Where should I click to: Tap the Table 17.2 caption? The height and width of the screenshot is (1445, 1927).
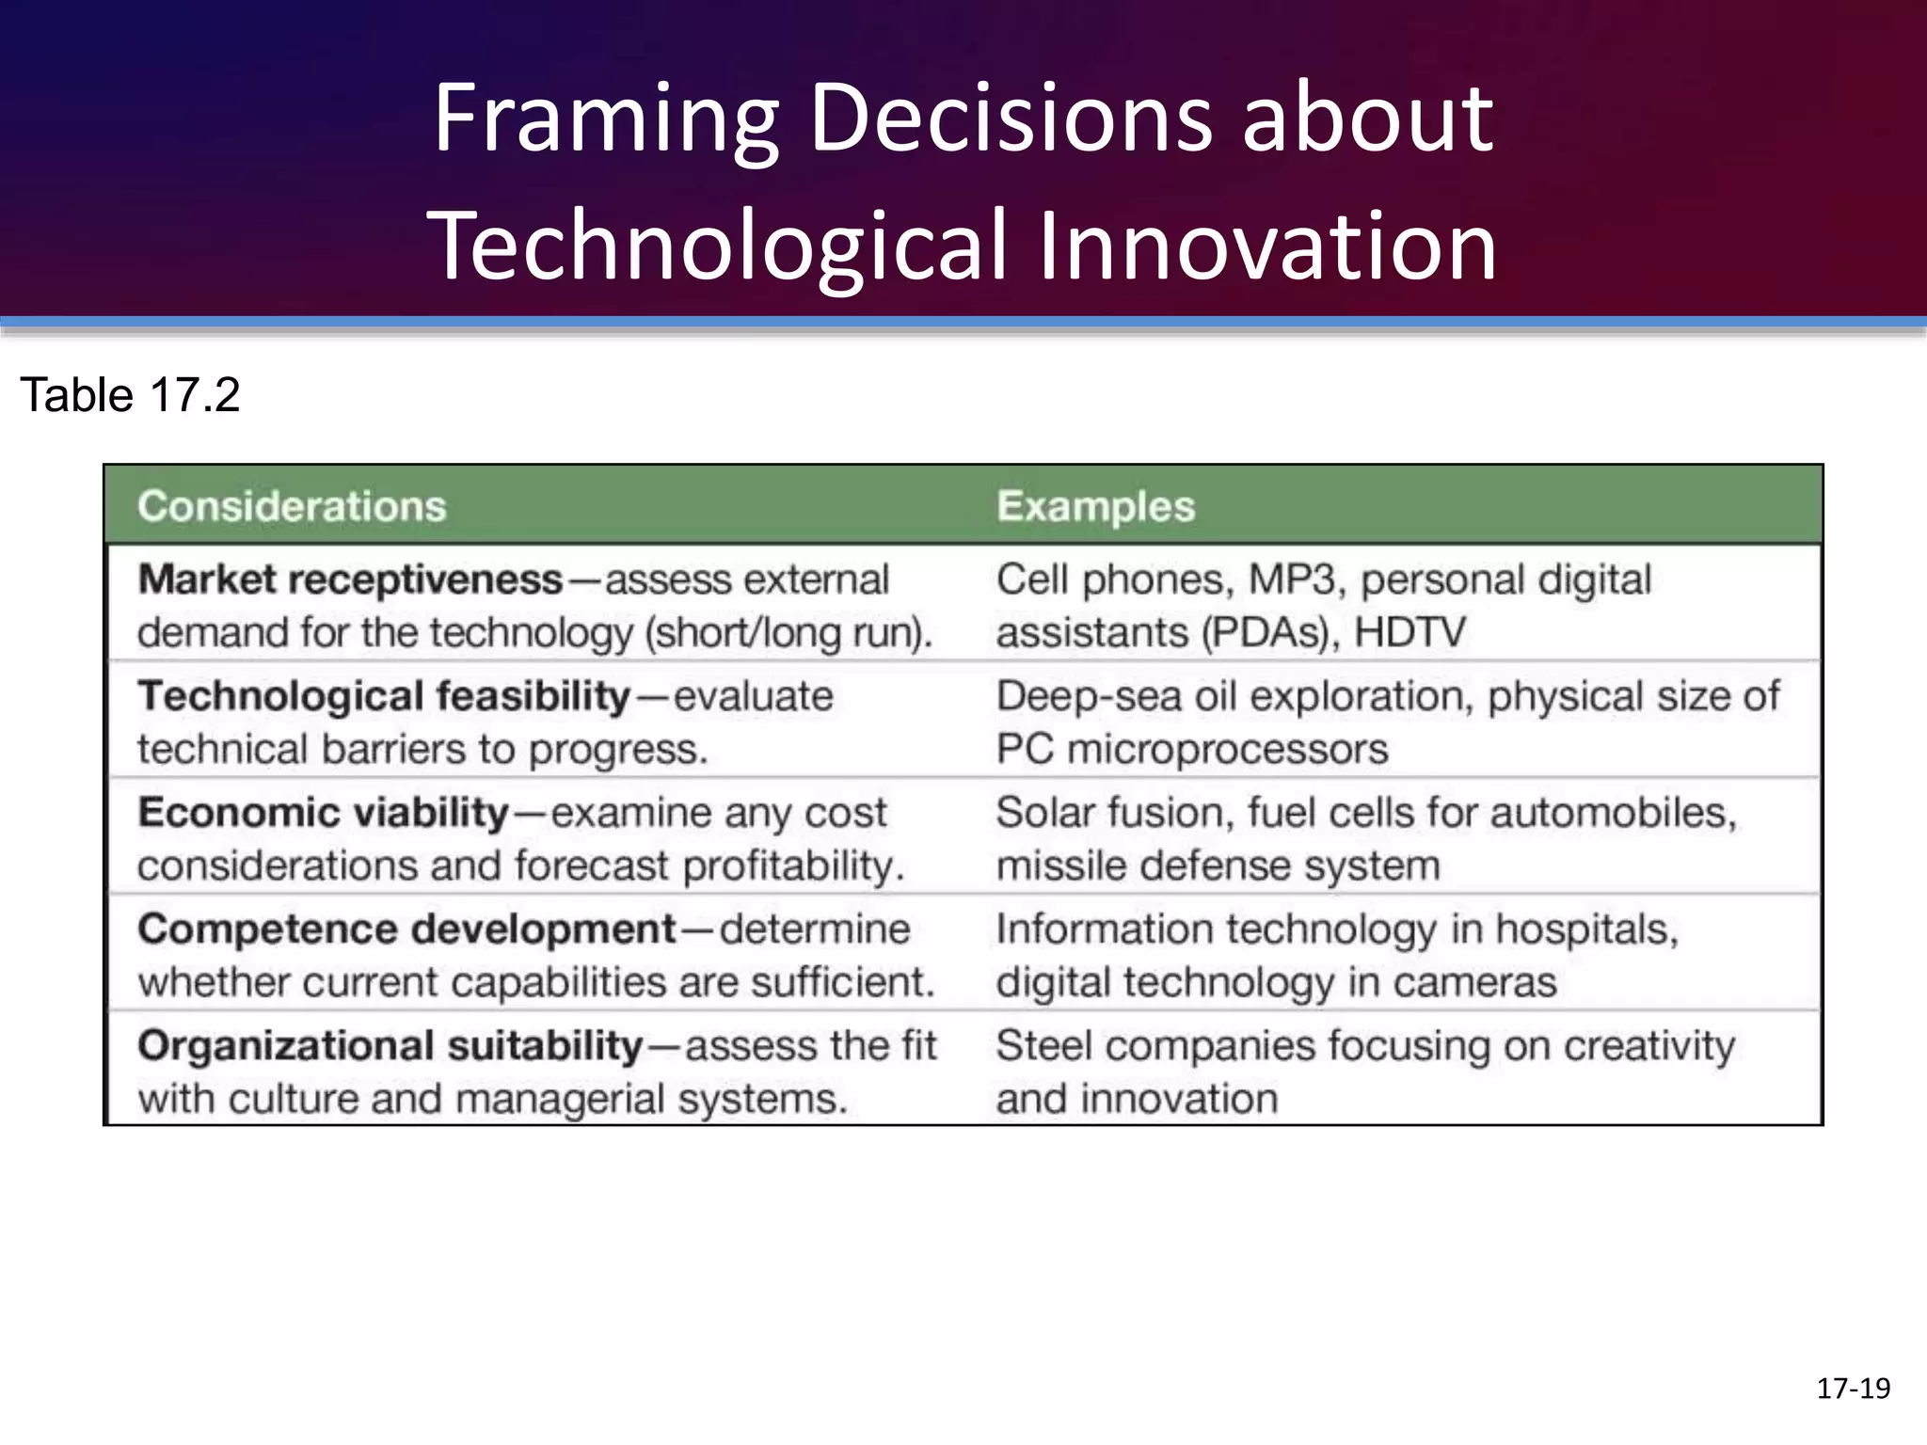(130, 395)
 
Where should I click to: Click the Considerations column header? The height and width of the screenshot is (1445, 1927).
(292, 506)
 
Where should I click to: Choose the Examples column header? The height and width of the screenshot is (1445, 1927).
(1095, 506)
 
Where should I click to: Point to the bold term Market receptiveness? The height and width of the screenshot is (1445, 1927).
(350, 580)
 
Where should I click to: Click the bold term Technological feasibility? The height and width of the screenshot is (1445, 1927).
(384, 696)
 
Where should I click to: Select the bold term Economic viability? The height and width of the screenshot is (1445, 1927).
(324, 813)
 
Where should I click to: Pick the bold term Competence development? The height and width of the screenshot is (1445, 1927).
(406, 929)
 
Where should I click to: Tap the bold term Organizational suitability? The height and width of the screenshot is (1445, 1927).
(390, 1046)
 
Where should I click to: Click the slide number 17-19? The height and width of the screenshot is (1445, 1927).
(1853, 1389)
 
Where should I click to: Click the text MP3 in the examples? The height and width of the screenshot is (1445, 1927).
(1291, 580)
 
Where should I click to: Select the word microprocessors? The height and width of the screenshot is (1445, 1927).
(1227, 750)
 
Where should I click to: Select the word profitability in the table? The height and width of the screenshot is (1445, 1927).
(793, 866)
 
